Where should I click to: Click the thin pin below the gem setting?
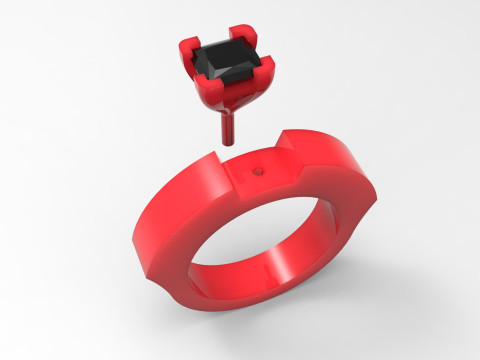click(226, 128)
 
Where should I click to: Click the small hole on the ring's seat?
click(259, 170)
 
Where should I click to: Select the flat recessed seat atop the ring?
click(262, 177)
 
